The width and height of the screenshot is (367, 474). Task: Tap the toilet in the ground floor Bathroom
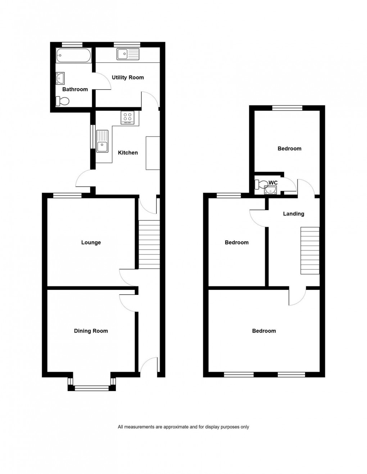(62, 101)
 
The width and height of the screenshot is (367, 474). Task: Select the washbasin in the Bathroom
(60, 78)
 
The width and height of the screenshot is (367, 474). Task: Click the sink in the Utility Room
(128, 54)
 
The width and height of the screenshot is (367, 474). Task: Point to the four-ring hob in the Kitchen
(128, 118)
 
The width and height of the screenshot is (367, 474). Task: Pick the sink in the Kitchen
(102, 141)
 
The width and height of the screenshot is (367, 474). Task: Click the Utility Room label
(128, 77)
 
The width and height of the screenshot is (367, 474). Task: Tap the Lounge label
(91, 243)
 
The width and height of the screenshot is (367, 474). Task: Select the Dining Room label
(91, 331)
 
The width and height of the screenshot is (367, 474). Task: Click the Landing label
(294, 214)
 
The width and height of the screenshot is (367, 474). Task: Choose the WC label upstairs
(273, 183)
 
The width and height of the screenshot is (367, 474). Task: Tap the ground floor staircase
(149, 244)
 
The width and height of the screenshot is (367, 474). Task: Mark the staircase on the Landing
(310, 251)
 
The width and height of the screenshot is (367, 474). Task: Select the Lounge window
(67, 195)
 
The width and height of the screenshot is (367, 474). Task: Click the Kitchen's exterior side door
(85, 178)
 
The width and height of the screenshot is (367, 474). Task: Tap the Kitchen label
(128, 153)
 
